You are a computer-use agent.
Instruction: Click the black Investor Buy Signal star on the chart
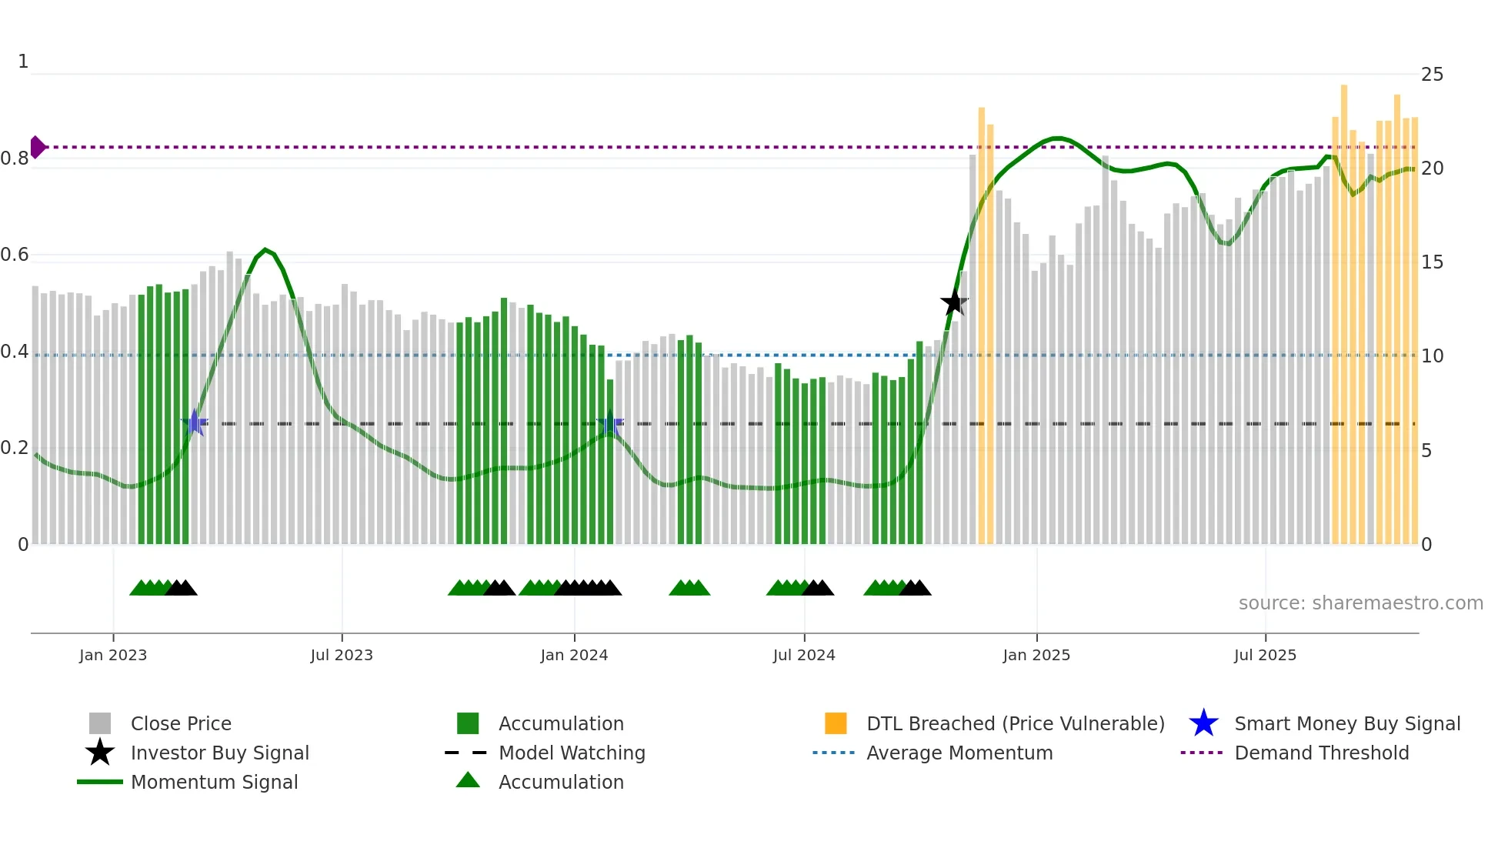point(954,302)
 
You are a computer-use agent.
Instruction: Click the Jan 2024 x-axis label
point(574,655)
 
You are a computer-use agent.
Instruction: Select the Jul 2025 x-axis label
point(1265,655)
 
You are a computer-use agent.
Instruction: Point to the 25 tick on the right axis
point(1432,75)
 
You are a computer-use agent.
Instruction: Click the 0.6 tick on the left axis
point(15,255)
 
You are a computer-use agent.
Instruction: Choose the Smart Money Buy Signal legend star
point(1203,723)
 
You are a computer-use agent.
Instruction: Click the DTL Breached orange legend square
point(836,723)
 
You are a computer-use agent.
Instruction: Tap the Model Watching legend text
point(572,753)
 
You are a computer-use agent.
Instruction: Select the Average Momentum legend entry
point(959,753)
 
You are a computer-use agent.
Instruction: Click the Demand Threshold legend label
point(1321,753)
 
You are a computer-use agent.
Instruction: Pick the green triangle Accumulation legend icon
point(468,781)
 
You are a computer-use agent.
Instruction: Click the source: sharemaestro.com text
point(1360,603)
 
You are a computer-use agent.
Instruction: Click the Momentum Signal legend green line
point(100,782)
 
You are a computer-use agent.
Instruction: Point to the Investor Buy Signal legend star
point(100,753)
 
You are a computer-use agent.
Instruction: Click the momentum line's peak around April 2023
point(265,249)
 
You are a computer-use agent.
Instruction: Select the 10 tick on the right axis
point(1432,356)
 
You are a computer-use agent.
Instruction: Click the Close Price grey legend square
point(100,723)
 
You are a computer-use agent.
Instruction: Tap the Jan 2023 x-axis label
point(113,655)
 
